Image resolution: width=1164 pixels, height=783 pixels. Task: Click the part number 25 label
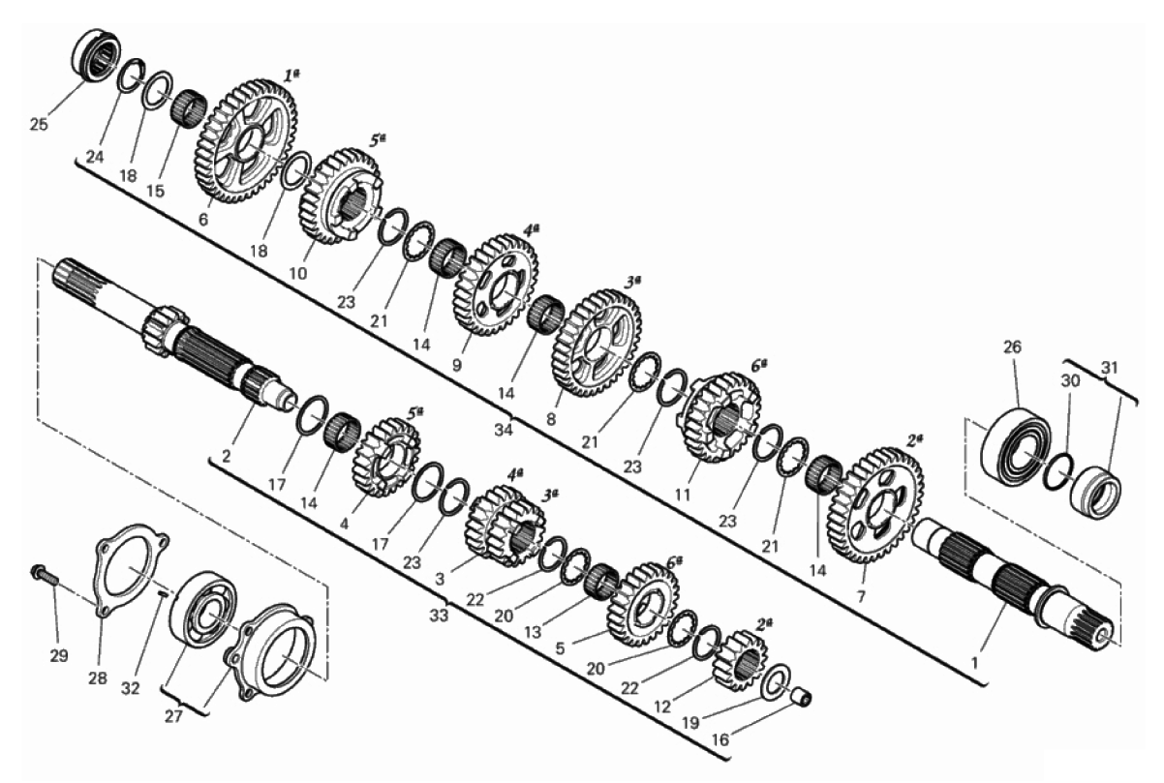(x=39, y=125)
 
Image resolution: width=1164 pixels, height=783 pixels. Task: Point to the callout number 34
(x=503, y=430)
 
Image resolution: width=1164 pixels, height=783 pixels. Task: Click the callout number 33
(x=439, y=616)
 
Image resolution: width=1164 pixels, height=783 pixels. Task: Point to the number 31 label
(x=1109, y=368)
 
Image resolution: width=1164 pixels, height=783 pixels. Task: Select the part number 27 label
(x=173, y=716)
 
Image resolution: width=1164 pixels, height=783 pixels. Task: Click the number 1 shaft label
(x=974, y=663)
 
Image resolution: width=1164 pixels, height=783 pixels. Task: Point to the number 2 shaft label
(x=226, y=457)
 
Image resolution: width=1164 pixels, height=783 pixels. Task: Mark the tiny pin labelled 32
(x=162, y=592)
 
